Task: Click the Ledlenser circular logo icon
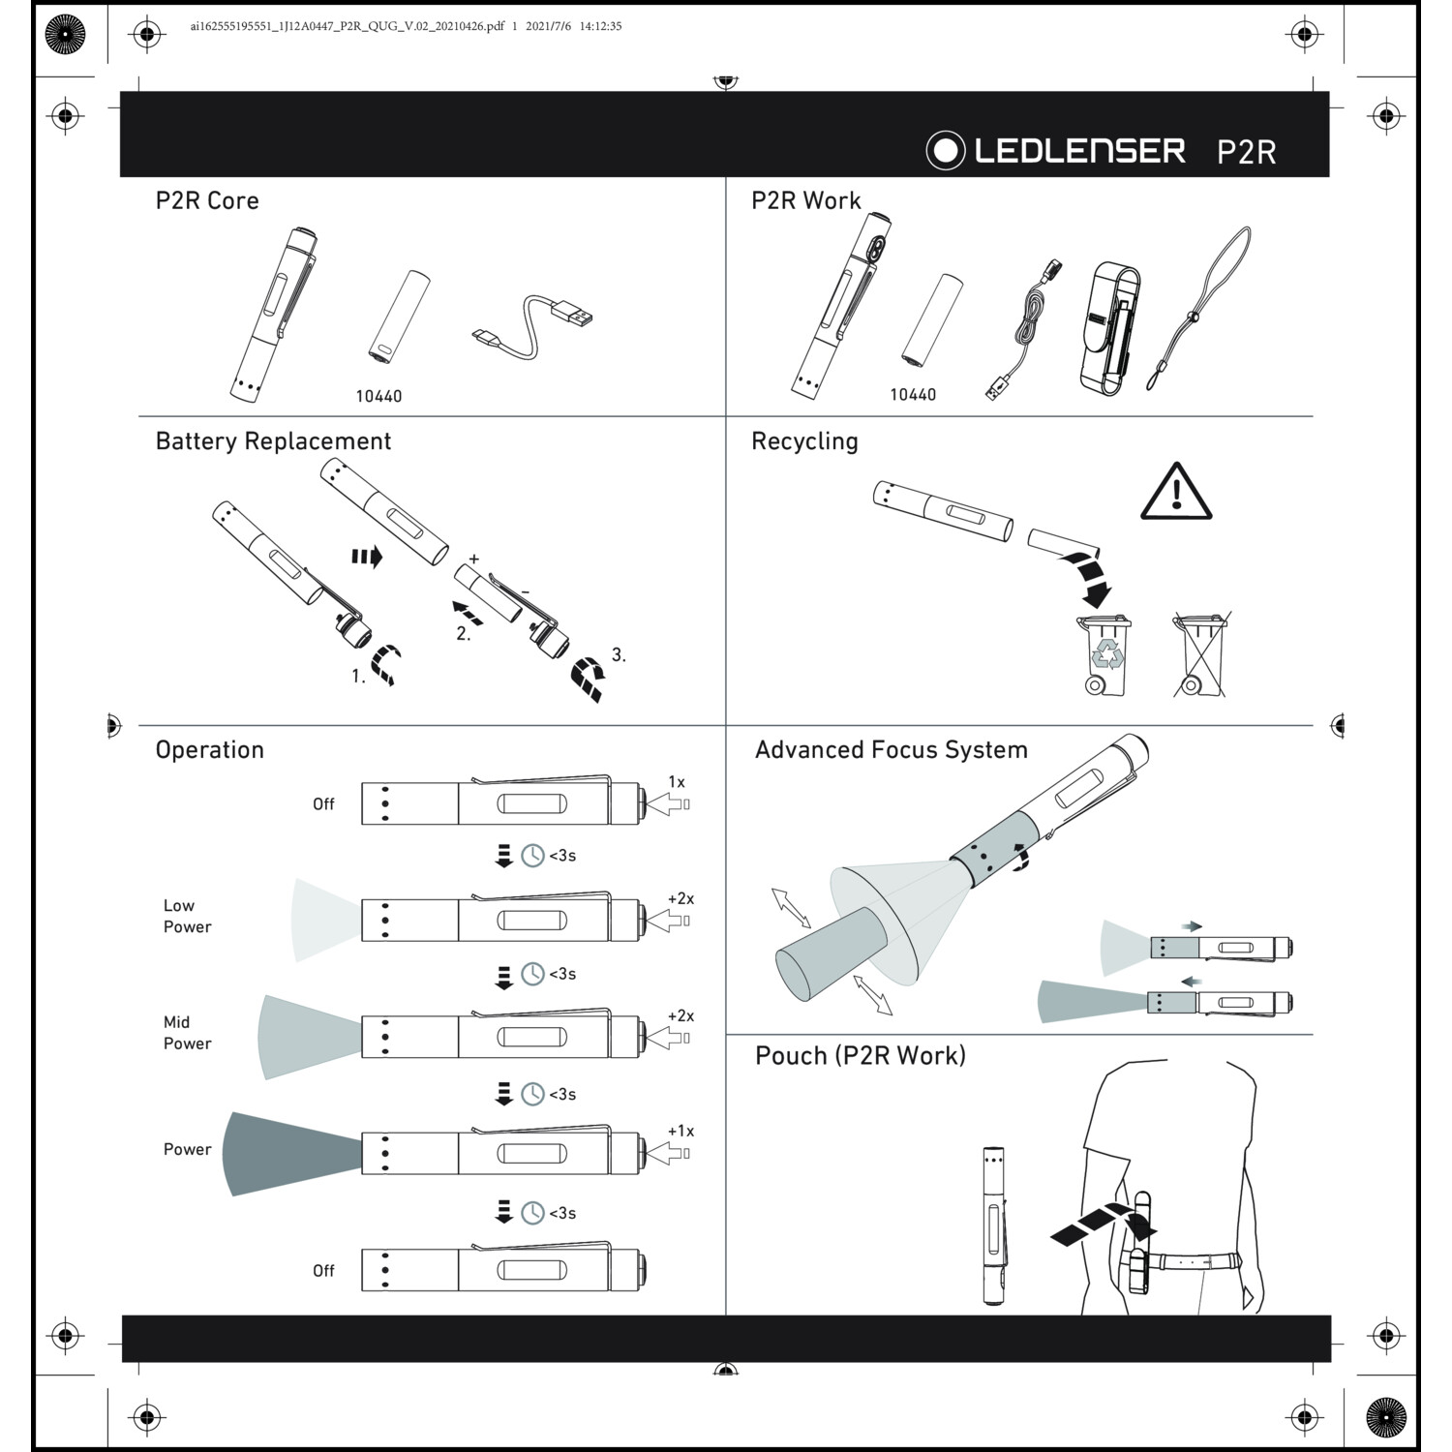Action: click(946, 150)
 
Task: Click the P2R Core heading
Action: click(207, 200)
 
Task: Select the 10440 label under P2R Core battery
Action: click(378, 396)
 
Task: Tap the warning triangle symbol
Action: click(1176, 493)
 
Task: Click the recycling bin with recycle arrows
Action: click(1105, 655)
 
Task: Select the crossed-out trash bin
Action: click(1200, 654)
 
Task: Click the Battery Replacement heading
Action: click(273, 441)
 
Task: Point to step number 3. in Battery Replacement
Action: click(619, 655)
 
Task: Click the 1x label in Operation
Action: click(676, 782)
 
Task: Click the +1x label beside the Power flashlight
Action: click(681, 1131)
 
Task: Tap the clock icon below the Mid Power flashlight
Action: click(532, 1094)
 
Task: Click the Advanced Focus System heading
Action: click(891, 750)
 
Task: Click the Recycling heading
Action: click(804, 441)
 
